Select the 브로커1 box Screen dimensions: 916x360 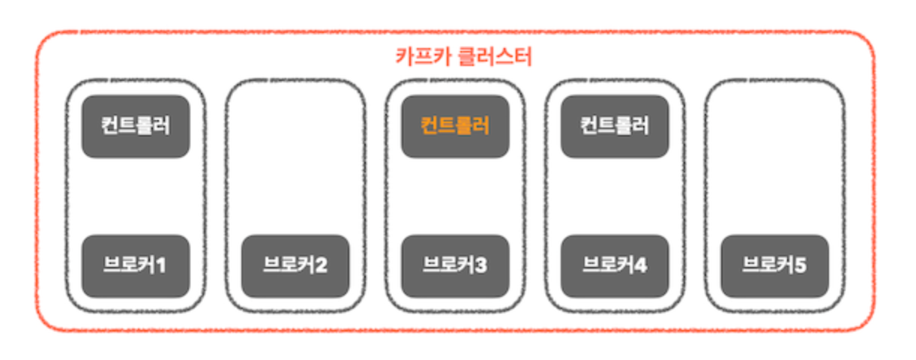pyautogui.click(x=136, y=265)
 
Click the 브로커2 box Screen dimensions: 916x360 pyautogui.click(x=295, y=265)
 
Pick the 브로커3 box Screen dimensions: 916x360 pyautogui.click(x=456, y=265)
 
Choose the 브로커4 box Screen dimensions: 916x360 pyautogui.click(x=615, y=265)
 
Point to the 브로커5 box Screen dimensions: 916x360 pyautogui.click(x=774, y=265)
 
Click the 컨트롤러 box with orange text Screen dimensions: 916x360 pyautogui.click(x=456, y=126)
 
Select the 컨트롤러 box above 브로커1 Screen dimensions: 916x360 pyautogui.click(x=136, y=126)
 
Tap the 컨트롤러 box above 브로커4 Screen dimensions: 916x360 pyautogui.click(x=615, y=126)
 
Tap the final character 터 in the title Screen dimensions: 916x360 pyautogui.click(x=524, y=58)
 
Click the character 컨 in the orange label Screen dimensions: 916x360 pyautogui.click(x=430, y=126)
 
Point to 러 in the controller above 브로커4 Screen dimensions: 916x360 pyautogui.click(x=641, y=126)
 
